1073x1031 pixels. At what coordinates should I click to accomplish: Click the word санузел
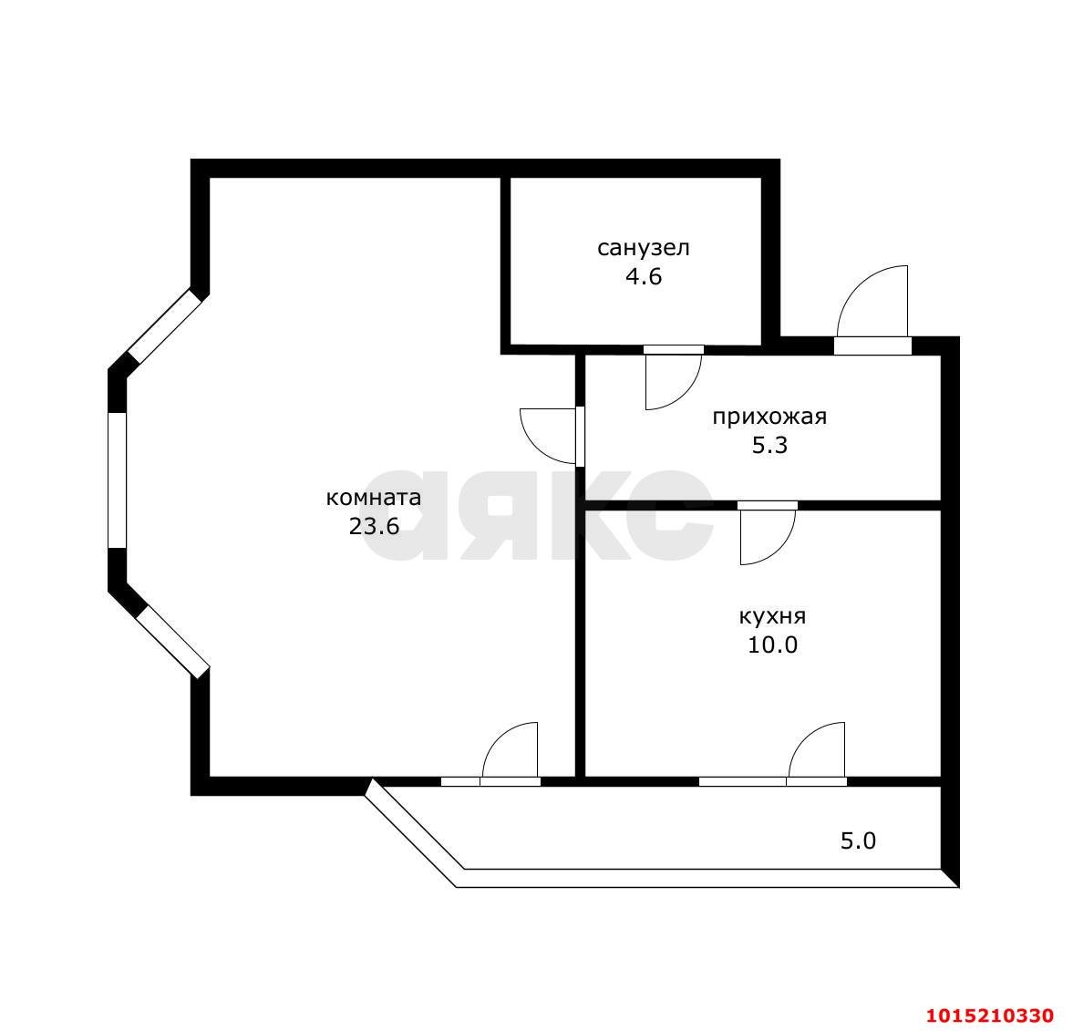point(644,248)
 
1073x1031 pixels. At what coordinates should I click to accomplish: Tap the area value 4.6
point(644,277)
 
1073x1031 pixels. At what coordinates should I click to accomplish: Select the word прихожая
point(769,417)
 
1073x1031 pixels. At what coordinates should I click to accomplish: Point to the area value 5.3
point(769,446)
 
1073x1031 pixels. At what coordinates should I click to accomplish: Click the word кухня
point(772,617)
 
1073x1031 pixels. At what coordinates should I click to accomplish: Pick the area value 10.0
point(772,645)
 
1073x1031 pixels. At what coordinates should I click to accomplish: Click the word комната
point(374,498)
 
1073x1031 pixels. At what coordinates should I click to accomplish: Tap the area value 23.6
point(374,526)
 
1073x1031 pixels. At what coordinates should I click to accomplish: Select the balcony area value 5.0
point(858,840)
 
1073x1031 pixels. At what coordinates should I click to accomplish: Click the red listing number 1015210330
point(989,1014)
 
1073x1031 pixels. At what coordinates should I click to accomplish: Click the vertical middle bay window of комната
point(117,480)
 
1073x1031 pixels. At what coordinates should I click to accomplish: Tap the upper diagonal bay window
point(164,325)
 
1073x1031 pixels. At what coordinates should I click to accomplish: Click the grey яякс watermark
point(536,515)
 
